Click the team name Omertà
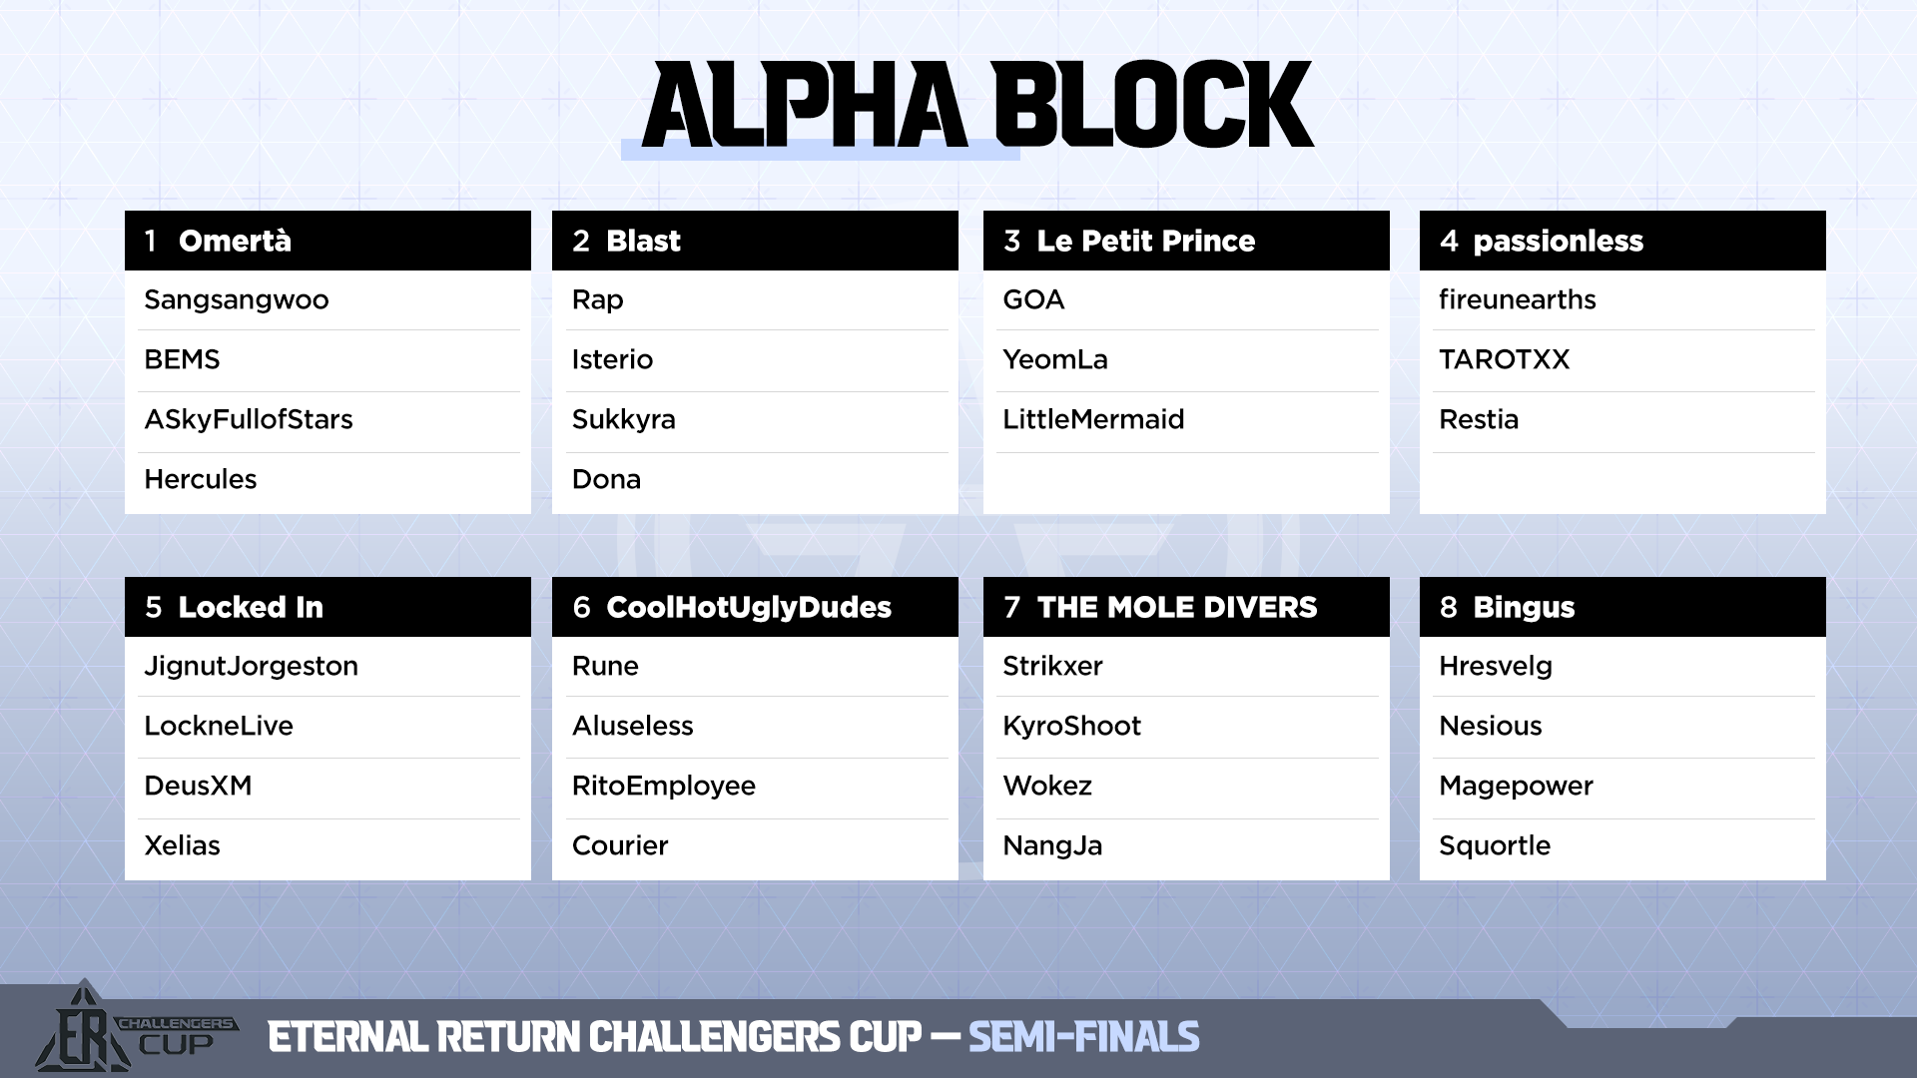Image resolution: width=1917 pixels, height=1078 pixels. point(235,241)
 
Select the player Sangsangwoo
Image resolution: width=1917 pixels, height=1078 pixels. point(237,300)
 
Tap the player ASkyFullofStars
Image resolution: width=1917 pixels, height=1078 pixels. point(249,420)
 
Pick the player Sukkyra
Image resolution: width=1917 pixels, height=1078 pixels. point(624,420)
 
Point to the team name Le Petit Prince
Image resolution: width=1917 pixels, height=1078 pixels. point(1146,241)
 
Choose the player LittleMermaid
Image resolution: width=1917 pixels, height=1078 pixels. point(1093,419)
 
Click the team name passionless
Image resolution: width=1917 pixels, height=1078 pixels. point(1559,242)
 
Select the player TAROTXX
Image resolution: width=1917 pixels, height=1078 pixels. point(1505,359)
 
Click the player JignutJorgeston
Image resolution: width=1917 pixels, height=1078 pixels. point(252,667)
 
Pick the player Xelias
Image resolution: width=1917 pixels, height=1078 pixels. point(183,845)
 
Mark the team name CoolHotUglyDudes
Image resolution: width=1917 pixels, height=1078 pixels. point(749,608)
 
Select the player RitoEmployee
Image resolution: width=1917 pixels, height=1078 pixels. point(664,787)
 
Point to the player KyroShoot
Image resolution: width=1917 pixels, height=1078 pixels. point(1072,727)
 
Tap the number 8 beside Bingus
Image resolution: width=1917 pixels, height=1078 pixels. point(1449,607)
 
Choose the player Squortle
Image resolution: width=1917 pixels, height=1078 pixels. point(1496,846)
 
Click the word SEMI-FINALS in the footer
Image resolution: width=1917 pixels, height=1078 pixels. point(1084,1037)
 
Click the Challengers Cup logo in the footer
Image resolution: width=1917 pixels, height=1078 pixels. point(135,1027)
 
